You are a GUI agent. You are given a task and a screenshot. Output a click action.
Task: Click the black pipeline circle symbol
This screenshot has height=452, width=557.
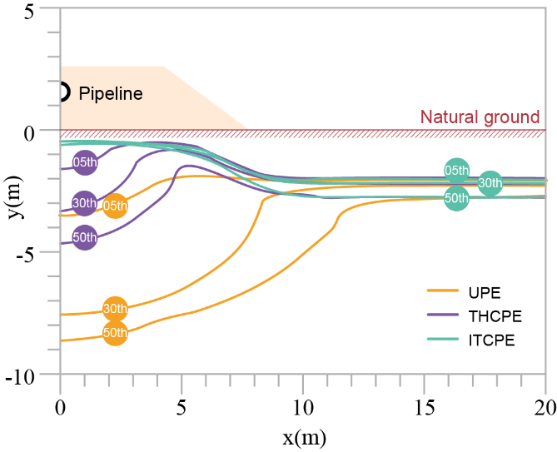click(x=62, y=92)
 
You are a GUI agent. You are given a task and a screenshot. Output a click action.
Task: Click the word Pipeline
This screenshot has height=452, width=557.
click(x=111, y=93)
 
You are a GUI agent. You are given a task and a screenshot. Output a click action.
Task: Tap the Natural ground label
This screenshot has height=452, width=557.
click(x=480, y=117)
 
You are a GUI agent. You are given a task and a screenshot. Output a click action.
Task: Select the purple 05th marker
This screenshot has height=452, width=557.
click(x=85, y=162)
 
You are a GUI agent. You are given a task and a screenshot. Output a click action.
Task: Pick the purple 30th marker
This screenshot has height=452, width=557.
click(x=85, y=202)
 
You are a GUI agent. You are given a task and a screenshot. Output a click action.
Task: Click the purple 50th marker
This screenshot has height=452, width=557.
click(x=85, y=237)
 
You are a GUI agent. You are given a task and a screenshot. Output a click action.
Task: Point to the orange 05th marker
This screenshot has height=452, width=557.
click(x=115, y=205)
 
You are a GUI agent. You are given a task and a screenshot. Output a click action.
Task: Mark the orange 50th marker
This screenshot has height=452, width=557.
click(x=115, y=333)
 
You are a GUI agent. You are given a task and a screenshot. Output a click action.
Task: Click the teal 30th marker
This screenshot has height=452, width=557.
click(x=490, y=183)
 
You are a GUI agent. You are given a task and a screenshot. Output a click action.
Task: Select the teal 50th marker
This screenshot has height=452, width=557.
click(x=456, y=198)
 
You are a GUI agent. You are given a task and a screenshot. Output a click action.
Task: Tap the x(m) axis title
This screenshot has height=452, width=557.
click(x=301, y=435)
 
